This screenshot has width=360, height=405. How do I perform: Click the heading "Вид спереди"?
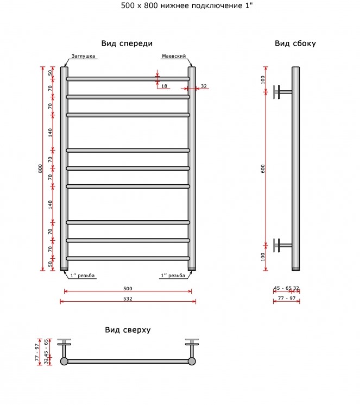127,43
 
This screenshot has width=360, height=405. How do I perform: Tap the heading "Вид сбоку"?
295,43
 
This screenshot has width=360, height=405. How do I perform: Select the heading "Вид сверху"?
128,330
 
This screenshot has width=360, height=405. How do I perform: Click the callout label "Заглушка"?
83,56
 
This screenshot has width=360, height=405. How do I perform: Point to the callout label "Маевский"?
174,56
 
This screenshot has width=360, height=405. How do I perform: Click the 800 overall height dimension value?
40,169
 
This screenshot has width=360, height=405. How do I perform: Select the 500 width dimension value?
128,289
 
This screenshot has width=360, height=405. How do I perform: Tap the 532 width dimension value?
128,298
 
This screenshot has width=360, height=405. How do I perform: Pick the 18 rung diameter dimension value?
164,86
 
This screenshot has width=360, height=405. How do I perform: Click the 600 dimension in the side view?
263,169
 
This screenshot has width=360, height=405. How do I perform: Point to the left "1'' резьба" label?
83,276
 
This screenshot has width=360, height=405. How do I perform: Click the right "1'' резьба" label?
173,276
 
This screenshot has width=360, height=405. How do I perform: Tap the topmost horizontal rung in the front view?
128,79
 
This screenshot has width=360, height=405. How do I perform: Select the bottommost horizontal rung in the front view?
128,258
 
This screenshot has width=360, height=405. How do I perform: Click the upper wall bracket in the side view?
282,92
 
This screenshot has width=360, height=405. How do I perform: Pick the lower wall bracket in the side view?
282,245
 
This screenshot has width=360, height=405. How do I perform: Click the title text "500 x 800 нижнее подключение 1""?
187,5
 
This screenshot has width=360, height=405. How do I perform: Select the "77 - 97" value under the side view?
287,298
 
